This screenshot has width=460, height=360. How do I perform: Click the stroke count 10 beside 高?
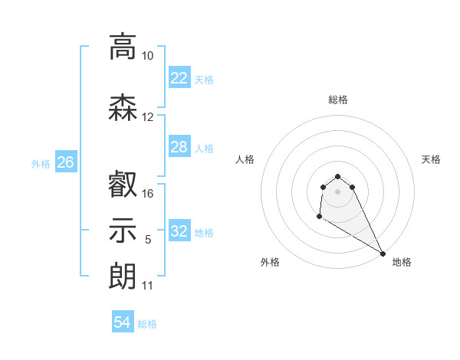click(148, 56)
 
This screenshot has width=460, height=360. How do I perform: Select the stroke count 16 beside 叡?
click(148, 193)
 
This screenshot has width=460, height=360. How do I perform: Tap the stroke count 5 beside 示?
click(148, 240)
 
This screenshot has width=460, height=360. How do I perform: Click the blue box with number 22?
click(179, 77)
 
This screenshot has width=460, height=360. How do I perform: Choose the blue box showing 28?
click(179, 147)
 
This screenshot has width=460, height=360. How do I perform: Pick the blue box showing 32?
click(179, 231)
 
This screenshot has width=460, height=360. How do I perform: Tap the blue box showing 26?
click(66, 162)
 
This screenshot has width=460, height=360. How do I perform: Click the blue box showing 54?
click(122, 322)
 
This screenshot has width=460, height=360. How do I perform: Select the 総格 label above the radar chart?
click(337, 100)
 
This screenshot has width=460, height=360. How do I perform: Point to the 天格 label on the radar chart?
click(431, 159)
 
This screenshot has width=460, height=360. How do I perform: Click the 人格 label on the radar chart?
click(245, 159)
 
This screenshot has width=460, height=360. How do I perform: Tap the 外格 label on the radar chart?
click(270, 262)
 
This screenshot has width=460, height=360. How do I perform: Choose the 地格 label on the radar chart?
click(402, 262)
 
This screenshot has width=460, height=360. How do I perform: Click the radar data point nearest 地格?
click(383, 254)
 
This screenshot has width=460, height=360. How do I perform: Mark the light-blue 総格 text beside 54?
click(147, 324)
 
